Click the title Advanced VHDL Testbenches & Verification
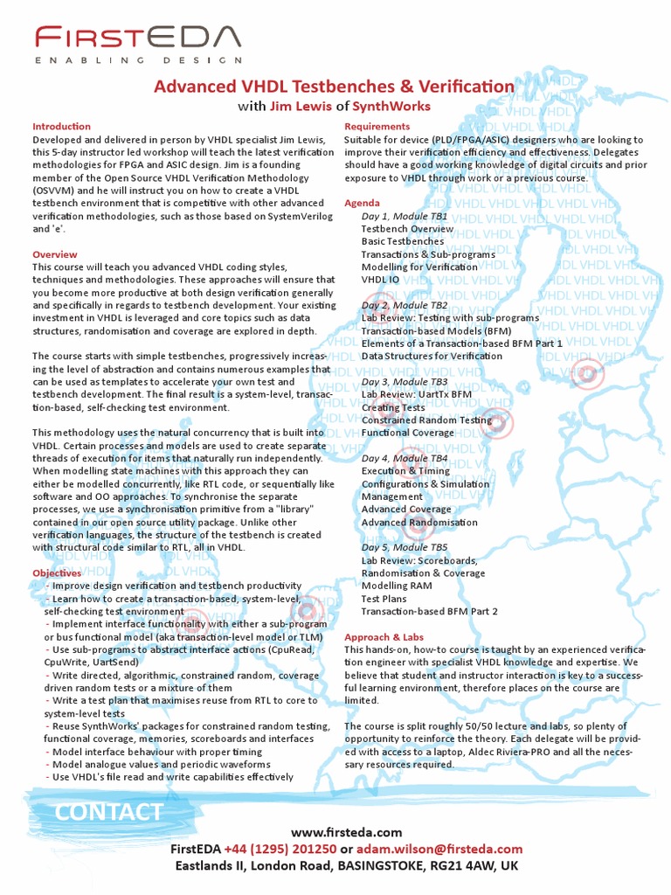pyautogui.click(x=335, y=86)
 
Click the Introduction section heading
pyautogui.click(x=61, y=127)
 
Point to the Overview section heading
pyautogui.click(x=55, y=254)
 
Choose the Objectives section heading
pyautogui.click(x=57, y=572)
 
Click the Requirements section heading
pyautogui.click(x=377, y=127)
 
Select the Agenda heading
pyautogui.click(x=362, y=203)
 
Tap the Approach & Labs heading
pyautogui.click(x=384, y=637)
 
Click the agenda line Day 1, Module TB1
pyautogui.click(x=405, y=216)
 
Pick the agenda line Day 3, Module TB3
pyautogui.click(x=405, y=382)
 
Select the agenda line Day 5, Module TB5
pyautogui.click(x=405, y=547)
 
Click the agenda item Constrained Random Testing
pyautogui.click(x=426, y=420)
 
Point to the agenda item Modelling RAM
pyautogui.click(x=395, y=586)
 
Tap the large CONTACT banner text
pyautogui.click(x=108, y=812)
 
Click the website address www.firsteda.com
pyautogui.click(x=346, y=832)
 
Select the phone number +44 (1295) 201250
pyautogui.click(x=280, y=849)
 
